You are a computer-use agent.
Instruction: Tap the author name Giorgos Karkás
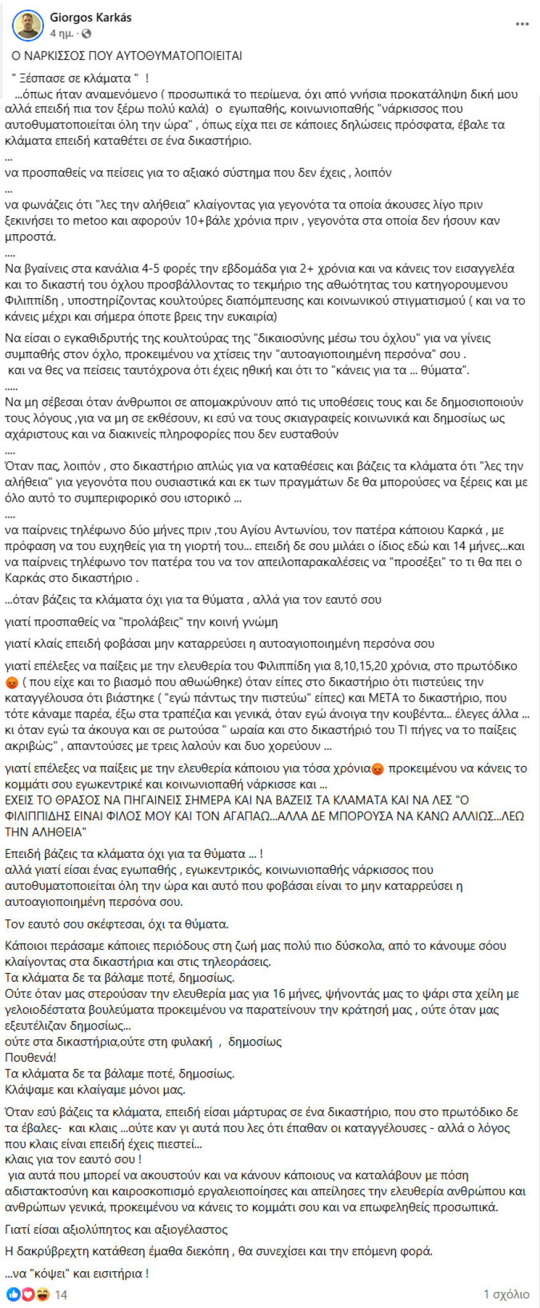coord(91,18)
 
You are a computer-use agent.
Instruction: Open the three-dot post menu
coord(522,24)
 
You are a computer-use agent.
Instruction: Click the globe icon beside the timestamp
coord(87,33)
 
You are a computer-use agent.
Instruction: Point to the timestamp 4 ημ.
coord(61,33)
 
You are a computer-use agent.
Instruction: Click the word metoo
coord(90,221)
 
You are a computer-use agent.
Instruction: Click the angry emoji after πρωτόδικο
coord(12,682)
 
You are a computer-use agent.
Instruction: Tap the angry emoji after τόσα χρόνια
coord(378,768)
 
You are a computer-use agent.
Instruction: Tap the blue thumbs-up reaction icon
coord(13,1295)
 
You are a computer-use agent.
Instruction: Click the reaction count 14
coord(61,1295)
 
